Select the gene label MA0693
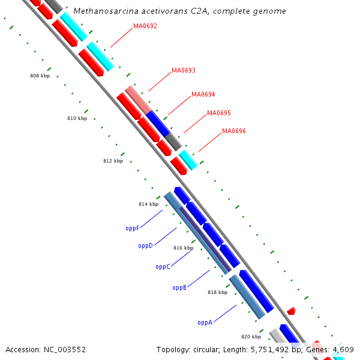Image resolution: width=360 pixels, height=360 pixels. tap(184, 70)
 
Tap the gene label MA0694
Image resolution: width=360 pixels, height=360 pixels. tap(203, 94)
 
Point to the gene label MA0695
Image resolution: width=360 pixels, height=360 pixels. tap(219, 113)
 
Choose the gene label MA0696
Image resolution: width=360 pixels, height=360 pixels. tap(234, 131)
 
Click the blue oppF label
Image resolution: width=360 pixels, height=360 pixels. tap(133, 229)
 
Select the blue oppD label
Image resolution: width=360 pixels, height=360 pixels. tap(146, 246)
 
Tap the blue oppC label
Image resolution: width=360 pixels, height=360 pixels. tap(163, 267)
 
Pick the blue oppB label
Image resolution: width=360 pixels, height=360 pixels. tap(179, 288)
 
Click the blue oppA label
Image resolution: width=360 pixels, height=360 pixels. tap(205, 322)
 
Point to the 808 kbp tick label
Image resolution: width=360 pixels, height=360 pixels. tap(40, 76)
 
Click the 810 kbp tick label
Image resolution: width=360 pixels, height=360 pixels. tap(77, 119)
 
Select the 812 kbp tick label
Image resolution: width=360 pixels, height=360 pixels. tap(113, 161)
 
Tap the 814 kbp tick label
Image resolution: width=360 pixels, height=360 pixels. tap(148, 205)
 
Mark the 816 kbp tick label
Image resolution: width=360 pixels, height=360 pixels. tap(183, 248)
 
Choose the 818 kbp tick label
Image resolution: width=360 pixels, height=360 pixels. tap(217, 293)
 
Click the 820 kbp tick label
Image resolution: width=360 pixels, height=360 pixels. tap(251, 337)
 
